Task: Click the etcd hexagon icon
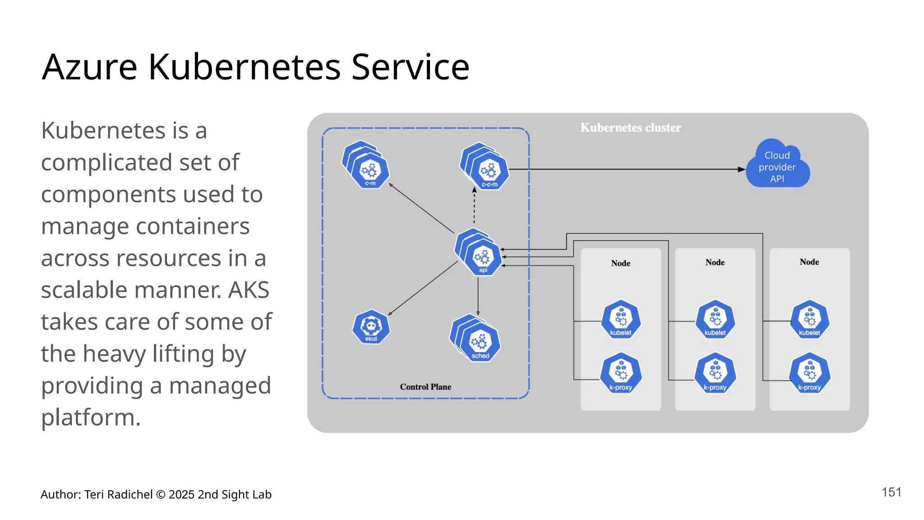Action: pyautogui.click(x=371, y=327)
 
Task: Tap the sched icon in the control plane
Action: pyautogui.click(x=480, y=343)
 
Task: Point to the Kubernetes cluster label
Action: pyautogui.click(x=630, y=128)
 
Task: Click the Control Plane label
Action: pyautogui.click(x=425, y=387)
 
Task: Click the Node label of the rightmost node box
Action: pyautogui.click(x=809, y=262)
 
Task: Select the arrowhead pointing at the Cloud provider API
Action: pyautogui.click(x=741, y=169)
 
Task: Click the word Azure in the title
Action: pyautogui.click(x=89, y=67)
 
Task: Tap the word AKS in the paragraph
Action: pyautogui.click(x=249, y=290)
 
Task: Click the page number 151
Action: pyautogui.click(x=892, y=492)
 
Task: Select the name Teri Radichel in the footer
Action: pyautogui.click(x=118, y=495)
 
